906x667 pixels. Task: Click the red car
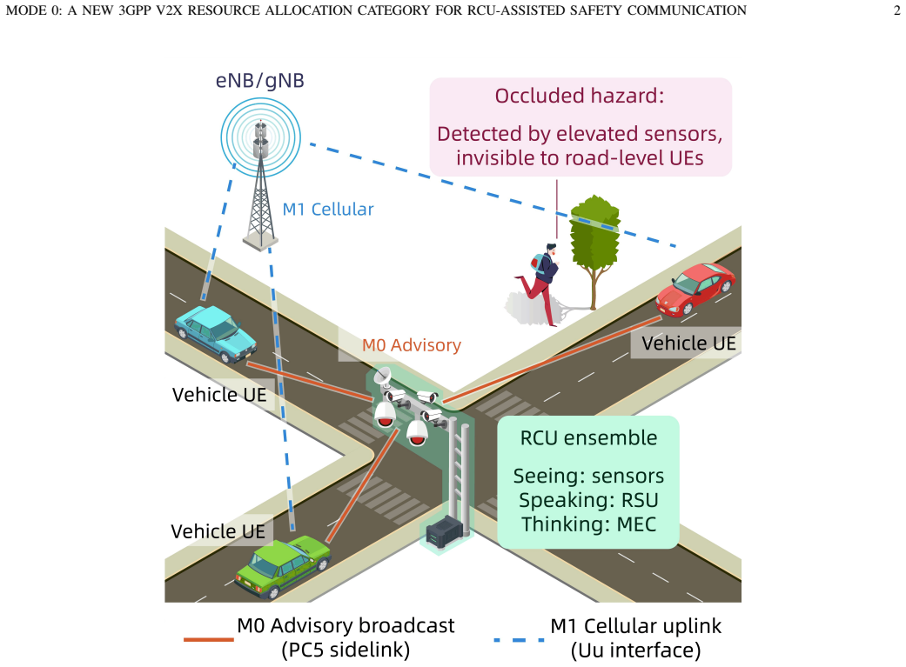[x=695, y=288]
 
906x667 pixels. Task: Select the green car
[x=283, y=566]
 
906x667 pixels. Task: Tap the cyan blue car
[x=216, y=333]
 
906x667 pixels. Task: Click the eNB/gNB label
[x=260, y=81]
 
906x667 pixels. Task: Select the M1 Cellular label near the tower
[x=327, y=209]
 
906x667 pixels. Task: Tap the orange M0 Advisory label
[x=412, y=345]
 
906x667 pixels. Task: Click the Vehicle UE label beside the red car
[x=688, y=343]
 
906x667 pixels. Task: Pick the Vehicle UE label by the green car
[x=218, y=531]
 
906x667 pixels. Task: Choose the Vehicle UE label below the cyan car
[x=219, y=395]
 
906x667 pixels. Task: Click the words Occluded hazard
[x=580, y=96]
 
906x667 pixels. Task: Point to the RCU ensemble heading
[x=589, y=437]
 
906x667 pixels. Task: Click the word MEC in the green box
[x=637, y=524]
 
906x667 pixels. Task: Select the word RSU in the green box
[x=640, y=500]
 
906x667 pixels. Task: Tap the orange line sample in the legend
[x=209, y=639]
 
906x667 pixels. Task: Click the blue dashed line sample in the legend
[x=519, y=640]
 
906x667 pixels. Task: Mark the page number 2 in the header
[x=896, y=10]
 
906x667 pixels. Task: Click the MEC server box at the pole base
[x=445, y=531]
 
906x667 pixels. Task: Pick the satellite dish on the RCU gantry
[x=382, y=377]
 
